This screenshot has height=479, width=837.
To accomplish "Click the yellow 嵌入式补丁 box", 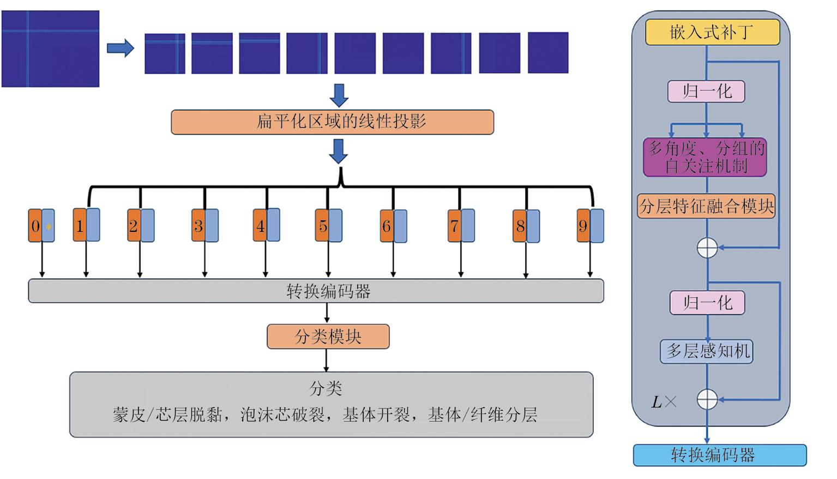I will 712,32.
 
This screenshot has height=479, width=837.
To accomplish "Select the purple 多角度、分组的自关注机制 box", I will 705,157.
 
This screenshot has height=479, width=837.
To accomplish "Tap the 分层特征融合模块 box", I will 706,206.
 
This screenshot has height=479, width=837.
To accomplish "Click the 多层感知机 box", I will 707,351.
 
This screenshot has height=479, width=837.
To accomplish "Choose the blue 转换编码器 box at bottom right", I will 719,455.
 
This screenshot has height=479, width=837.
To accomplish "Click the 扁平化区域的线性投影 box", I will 332,122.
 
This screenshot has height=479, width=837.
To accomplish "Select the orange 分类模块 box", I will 328,337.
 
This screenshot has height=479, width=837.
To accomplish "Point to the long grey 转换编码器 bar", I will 316,291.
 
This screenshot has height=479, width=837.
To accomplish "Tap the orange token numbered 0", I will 35,225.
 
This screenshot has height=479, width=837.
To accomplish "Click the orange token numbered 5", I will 322,225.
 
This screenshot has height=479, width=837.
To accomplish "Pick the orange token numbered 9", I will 583,225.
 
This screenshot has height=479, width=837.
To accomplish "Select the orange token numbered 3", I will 198,225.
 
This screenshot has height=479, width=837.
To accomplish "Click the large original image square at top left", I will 50,49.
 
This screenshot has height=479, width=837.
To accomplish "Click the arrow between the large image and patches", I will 121,48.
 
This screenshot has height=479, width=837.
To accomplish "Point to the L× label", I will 664,402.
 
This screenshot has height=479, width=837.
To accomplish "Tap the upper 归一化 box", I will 706,91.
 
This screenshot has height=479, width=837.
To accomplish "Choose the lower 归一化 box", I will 707,303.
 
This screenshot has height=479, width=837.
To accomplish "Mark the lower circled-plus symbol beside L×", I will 707,399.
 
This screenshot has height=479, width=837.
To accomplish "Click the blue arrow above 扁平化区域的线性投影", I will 339,95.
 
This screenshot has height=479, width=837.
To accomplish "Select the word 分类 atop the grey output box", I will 326,388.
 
